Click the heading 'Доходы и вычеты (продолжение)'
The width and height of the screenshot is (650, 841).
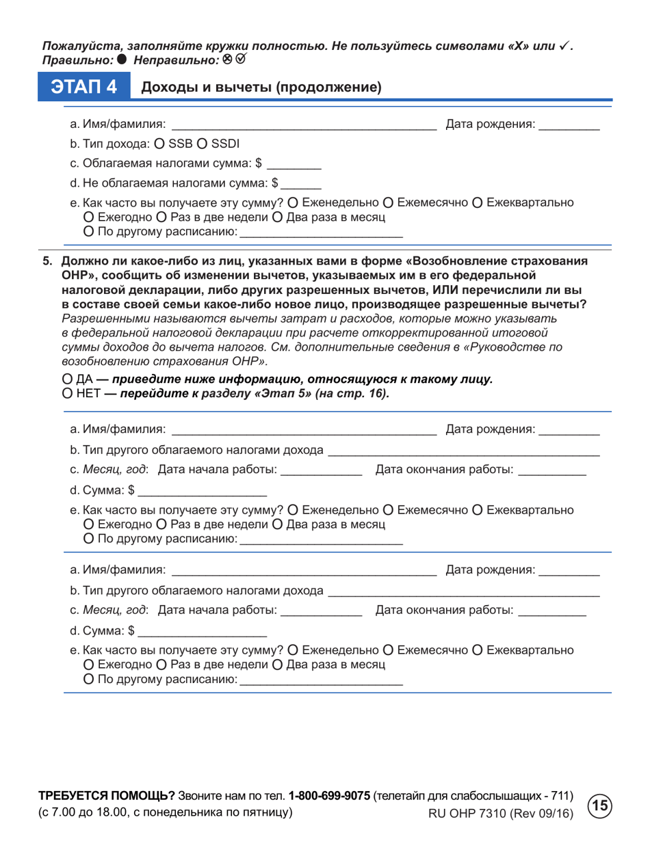click(260, 88)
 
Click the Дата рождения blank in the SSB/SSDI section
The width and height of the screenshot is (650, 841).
click(569, 125)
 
